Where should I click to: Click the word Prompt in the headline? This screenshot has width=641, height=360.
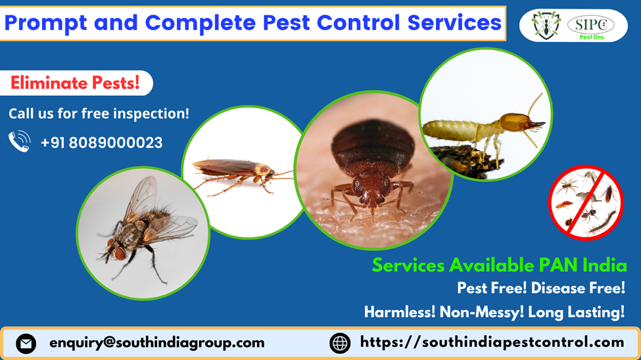(45, 23)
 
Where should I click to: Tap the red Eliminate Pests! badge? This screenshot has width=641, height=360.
(76, 83)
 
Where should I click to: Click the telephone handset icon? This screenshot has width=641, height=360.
(20, 141)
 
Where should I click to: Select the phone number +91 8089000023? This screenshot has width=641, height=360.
(102, 143)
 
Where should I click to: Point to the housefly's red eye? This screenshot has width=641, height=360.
(120, 254)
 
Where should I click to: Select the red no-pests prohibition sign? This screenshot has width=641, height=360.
(586, 203)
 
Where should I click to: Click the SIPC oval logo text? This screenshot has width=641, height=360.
(591, 24)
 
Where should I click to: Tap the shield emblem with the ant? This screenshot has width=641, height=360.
(546, 26)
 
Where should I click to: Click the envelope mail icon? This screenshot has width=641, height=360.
(26, 343)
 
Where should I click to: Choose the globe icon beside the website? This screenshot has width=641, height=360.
(340, 343)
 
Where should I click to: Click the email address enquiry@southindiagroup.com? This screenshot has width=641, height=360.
(157, 343)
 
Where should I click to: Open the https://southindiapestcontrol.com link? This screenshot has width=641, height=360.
(492, 342)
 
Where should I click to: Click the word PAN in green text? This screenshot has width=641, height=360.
(558, 265)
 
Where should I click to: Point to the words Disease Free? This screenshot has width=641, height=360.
(578, 288)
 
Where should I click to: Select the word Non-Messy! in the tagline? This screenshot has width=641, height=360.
(481, 312)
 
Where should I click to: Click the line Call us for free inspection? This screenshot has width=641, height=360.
(99, 114)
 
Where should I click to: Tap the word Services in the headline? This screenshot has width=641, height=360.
(454, 23)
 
